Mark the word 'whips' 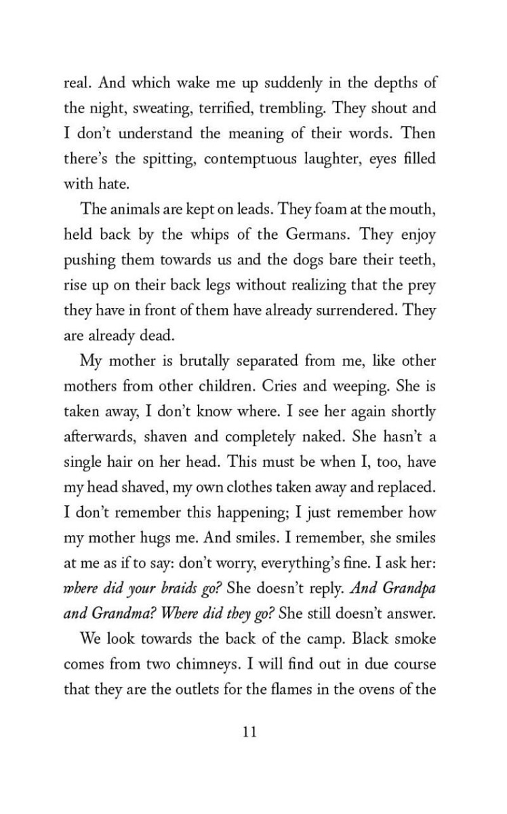pyautogui.click(x=214, y=235)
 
